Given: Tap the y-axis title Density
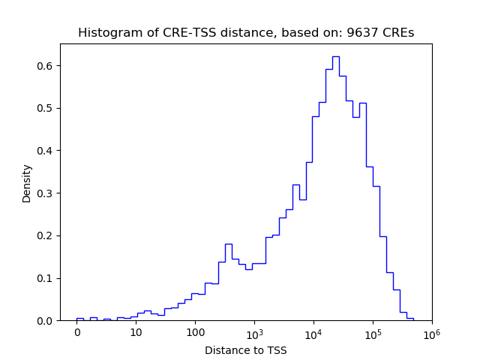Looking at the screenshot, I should pyautogui.click(x=27, y=183).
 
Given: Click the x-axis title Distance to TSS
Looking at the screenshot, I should pyautogui.click(x=245, y=349).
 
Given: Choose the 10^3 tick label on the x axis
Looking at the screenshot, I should pyautogui.click(x=254, y=332).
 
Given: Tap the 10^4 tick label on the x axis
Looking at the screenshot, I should pyautogui.click(x=313, y=332).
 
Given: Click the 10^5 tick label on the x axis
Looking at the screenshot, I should pyautogui.click(x=373, y=332).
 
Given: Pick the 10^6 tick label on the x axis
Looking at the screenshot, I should pyautogui.click(x=431, y=332).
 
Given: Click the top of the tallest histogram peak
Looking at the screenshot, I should pyautogui.click(x=335, y=56).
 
